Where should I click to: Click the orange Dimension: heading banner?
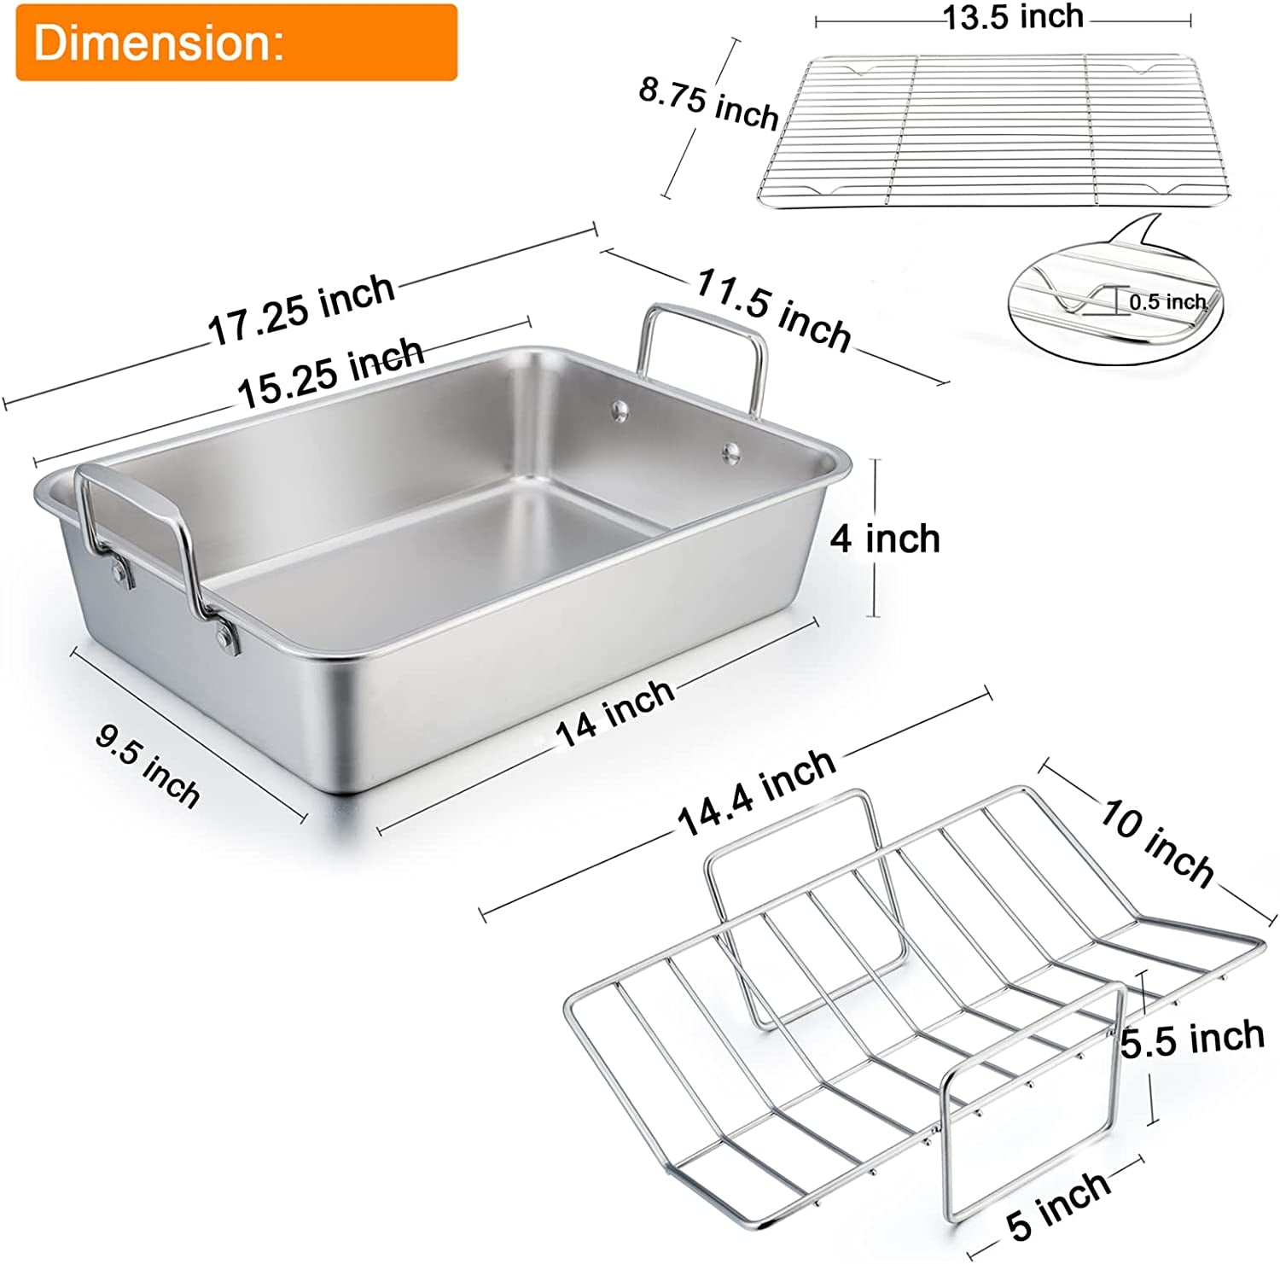[x=236, y=43]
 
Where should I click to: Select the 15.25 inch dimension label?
[x=330, y=374]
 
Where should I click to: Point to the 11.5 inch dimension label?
[x=774, y=310]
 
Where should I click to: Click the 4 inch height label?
[x=885, y=539]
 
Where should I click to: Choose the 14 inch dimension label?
[x=614, y=714]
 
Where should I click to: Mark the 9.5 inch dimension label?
[x=148, y=765]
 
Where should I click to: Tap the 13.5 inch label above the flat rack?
[x=1013, y=17]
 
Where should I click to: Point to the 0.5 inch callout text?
[x=1167, y=302]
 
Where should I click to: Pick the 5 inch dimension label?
[x=1058, y=1204]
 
